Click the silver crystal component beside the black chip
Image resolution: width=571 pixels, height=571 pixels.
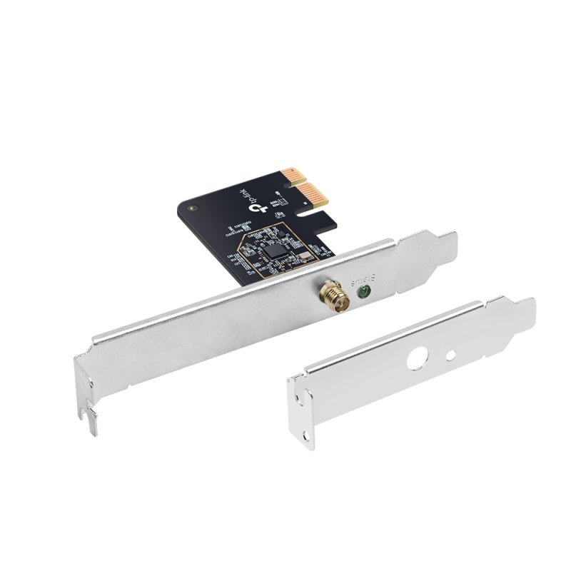tap(300, 258)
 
